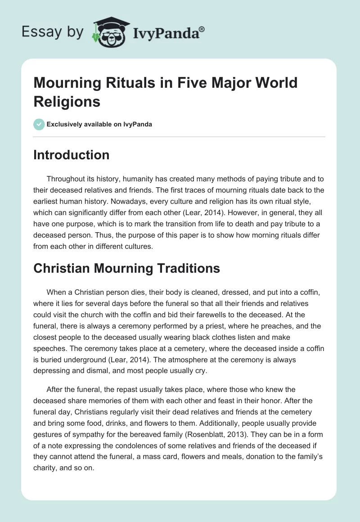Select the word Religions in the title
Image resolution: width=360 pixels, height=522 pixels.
coord(67,101)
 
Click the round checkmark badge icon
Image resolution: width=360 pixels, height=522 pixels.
coord(40,124)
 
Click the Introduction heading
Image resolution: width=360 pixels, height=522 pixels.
coord(72,155)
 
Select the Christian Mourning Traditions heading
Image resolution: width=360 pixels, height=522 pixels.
coord(127,268)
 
